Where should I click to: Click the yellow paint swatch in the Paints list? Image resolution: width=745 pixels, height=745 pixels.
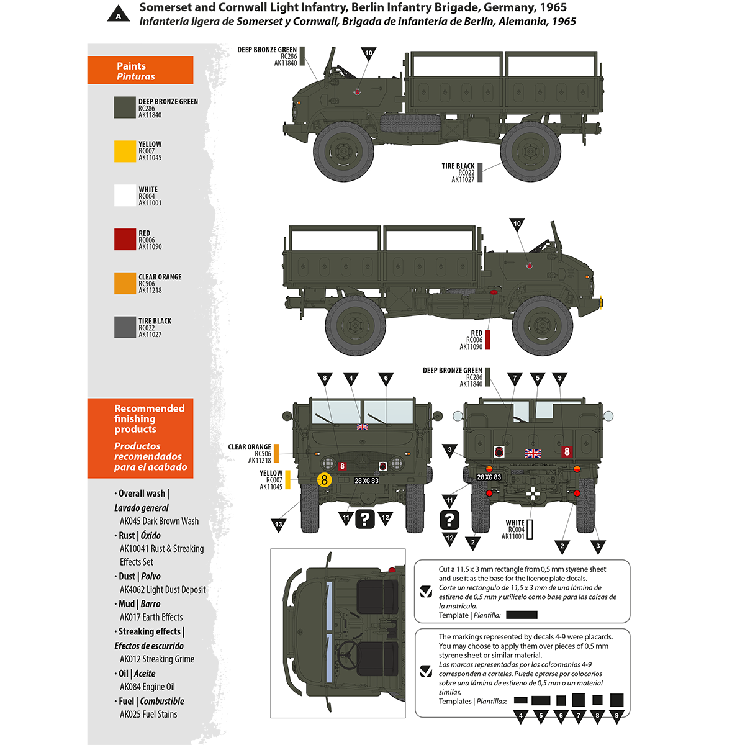pos(125,151)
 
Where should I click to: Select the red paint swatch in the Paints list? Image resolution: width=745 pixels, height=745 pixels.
pos(125,240)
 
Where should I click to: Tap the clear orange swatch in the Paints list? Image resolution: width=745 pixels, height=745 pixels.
pos(125,283)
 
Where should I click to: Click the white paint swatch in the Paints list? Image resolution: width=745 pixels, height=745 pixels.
pos(125,196)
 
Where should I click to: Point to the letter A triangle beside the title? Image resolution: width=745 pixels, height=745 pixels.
pos(119,14)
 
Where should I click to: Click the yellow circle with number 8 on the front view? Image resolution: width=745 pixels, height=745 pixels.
pos(324,480)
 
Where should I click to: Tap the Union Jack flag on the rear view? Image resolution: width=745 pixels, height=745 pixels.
pos(533,453)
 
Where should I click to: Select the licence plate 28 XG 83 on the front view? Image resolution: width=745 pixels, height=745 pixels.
pos(366,481)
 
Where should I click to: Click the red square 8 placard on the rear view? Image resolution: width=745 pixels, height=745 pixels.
pos(566,452)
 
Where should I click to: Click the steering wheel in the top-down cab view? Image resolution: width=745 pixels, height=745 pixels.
pos(348,652)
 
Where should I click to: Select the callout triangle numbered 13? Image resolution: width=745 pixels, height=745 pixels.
pos(279,525)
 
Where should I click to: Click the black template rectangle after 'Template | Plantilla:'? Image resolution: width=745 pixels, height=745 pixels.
pos(521,615)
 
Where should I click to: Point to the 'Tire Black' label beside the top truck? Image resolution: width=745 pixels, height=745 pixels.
pos(458,166)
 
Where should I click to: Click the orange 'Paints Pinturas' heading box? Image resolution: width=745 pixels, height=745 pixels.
pos(140,71)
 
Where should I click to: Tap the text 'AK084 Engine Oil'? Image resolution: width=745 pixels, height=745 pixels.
pos(147,687)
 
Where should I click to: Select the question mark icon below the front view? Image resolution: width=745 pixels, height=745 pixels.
pos(366,519)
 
